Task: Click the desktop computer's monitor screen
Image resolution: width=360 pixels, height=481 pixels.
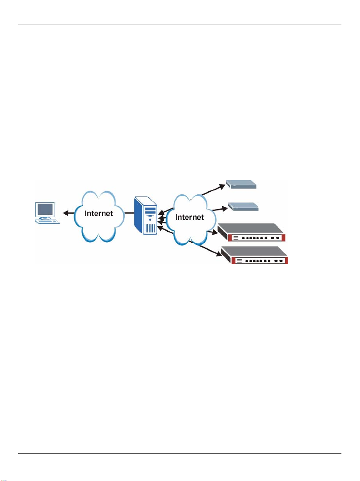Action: tap(45, 210)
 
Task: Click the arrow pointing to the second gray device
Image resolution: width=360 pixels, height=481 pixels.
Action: tap(217, 210)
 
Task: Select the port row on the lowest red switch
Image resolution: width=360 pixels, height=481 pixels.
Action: tap(261, 261)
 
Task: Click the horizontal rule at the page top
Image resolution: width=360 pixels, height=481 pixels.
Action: tap(180, 25)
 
